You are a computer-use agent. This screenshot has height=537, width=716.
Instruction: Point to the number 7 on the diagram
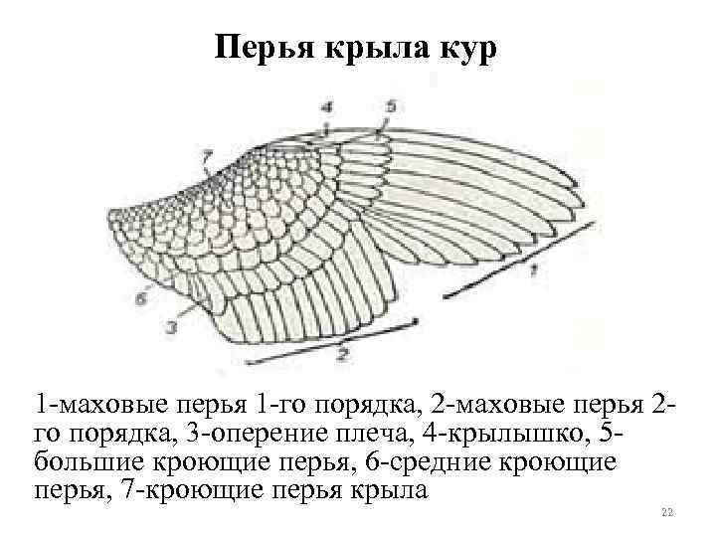(206, 155)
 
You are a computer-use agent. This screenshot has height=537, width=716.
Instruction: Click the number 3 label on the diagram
(171, 325)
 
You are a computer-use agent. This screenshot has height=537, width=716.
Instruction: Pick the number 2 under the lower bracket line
(344, 351)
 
